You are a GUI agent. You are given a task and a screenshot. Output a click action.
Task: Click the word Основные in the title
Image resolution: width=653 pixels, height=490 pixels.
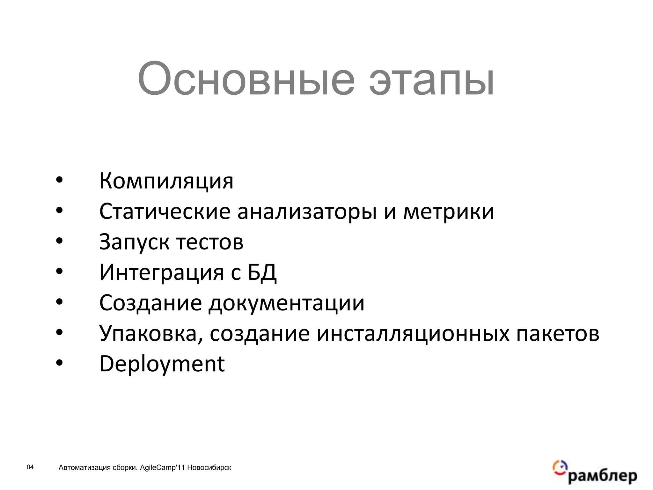(x=246, y=79)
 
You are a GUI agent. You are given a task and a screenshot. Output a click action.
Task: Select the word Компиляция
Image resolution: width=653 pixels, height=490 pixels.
(x=166, y=181)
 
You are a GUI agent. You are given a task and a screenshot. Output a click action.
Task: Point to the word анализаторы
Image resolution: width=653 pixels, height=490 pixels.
(x=307, y=212)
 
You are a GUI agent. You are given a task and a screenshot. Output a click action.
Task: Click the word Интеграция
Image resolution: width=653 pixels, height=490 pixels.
(x=162, y=272)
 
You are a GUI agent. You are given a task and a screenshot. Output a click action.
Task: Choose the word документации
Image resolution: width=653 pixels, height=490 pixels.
(x=286, y=303)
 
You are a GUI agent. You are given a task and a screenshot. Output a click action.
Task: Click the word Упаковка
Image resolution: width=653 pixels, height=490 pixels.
(x=151, y=333)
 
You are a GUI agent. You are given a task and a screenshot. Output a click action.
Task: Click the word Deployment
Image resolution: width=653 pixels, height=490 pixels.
(x=162, y=364)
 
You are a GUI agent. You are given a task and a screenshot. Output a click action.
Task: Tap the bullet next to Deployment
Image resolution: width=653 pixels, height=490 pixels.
(x=59, y=363)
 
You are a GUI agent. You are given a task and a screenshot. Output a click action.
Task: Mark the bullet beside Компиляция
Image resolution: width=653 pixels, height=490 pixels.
(x=59, y=180)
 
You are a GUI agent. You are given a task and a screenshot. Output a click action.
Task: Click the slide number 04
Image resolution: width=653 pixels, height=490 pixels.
(x=30, y=467)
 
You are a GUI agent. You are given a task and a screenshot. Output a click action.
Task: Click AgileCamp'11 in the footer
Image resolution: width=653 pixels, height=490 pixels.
(x=163, y=468)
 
